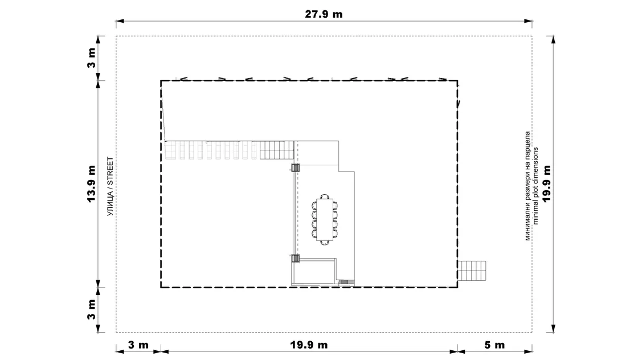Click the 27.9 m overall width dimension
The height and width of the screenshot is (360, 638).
324,14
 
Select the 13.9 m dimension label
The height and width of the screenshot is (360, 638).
91,184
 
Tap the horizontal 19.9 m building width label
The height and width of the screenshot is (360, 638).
309,345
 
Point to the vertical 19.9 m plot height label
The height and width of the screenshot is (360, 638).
546,183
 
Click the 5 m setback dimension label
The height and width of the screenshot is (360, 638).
494,345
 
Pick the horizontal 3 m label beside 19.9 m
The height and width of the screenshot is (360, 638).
138,345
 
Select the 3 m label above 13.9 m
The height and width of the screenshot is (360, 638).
91,58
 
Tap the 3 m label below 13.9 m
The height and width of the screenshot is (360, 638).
91,309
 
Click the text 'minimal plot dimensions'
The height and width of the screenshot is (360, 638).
535,186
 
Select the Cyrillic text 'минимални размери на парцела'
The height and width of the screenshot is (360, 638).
527,186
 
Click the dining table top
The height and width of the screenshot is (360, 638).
324,219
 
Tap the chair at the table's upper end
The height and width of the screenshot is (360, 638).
324,197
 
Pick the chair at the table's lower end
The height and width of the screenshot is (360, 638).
324,243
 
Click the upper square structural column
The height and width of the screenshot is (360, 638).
296,167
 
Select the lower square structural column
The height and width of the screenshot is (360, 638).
296,258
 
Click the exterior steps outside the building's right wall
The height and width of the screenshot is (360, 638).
472,271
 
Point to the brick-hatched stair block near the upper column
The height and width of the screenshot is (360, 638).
277,150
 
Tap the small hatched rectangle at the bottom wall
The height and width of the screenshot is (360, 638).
344,282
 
